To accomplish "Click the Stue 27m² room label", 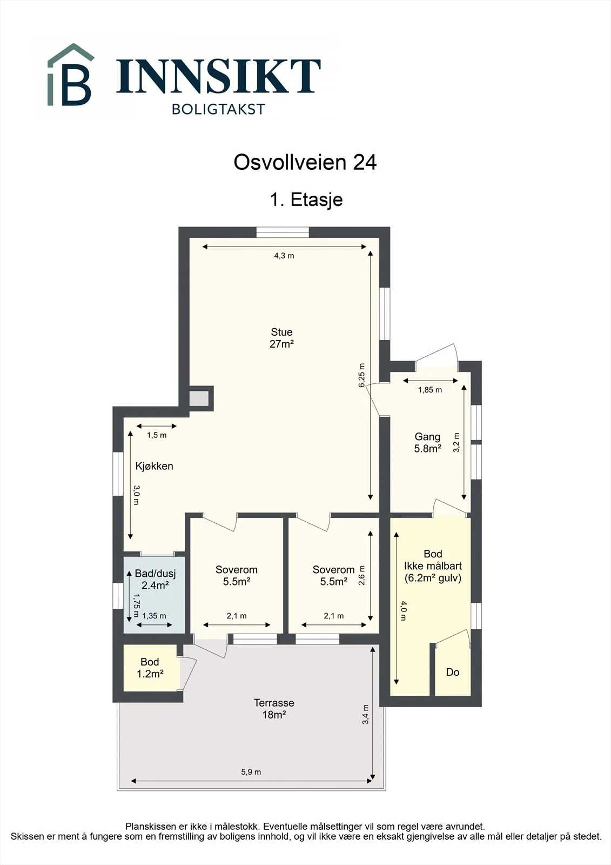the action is point(282,338).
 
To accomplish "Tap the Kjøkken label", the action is point(154,466).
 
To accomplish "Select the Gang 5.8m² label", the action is point(428,443).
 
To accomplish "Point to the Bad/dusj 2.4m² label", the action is point(155,579).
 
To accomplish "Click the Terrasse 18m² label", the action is point(274,709).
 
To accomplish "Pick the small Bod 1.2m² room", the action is point(150,668).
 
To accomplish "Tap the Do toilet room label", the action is point(453,673).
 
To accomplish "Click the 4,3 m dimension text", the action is point(284,256).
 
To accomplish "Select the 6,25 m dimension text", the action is point(361,375).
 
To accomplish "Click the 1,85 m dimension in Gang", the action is point(430,390).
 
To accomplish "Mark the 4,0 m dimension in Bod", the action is point(403,610).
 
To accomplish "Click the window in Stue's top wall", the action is point(283,232).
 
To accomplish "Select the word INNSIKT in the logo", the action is point(218,76).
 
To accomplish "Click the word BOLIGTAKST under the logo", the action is point(218,109).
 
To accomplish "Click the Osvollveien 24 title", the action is point(305,163).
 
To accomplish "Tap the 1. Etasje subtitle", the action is point(306,199).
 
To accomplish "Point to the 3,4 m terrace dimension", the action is point(366,714).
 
